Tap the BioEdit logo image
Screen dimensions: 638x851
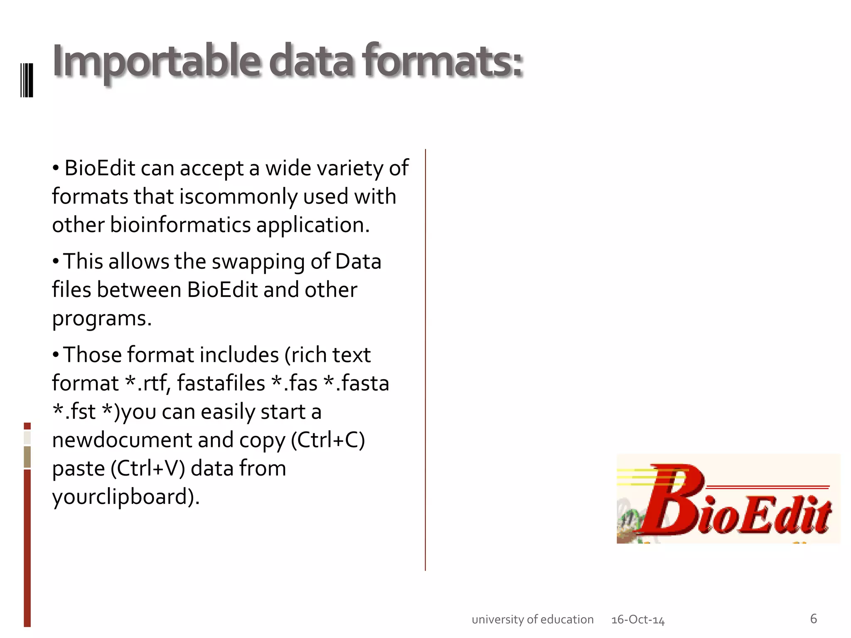pos(728,499)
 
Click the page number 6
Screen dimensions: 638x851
pos(813,618)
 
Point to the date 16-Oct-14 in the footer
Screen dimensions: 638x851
pos(638,620)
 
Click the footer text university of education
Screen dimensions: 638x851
pos(532,619)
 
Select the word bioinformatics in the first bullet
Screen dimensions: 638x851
pos(180,225)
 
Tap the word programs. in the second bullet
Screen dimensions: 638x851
pos(102,318)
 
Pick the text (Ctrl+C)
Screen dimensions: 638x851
pos(328,440)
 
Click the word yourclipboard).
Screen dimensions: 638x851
pos(126,496)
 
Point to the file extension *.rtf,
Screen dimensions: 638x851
pos(148,383)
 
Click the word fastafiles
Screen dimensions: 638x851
pos(221,383)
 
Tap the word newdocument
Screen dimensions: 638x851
pos(122,440)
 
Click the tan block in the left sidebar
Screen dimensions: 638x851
pos(27,456)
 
